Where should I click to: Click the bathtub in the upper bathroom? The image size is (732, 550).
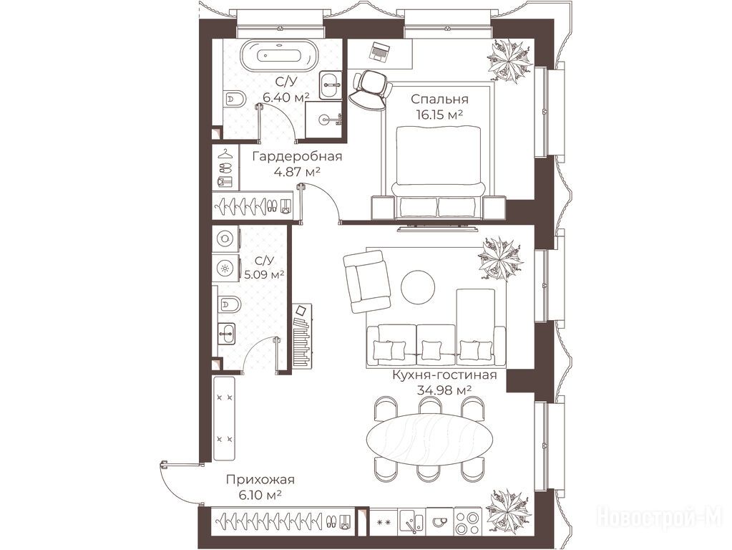pos(280,56)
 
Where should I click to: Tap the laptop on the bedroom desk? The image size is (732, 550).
pos(381,51)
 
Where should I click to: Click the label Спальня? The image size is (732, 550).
pos(439,99)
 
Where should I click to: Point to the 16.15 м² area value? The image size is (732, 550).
pos(439,115)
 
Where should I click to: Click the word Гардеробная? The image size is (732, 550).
pos(297,156)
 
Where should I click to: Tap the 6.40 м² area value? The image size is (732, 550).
pos(286,97)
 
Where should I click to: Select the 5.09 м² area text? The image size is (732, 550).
pos(265,274)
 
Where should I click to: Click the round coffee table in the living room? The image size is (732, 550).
pos(418,286)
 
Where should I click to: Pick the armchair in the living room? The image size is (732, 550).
pos(367,281)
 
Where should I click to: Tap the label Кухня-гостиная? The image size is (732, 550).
pos(444,375)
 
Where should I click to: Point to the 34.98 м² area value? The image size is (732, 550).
pos(444,390)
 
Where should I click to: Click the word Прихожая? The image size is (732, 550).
pos(260,479)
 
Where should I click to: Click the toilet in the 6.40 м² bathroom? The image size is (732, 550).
pos(235,99)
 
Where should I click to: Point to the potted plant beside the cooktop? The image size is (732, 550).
pos(508,511)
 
